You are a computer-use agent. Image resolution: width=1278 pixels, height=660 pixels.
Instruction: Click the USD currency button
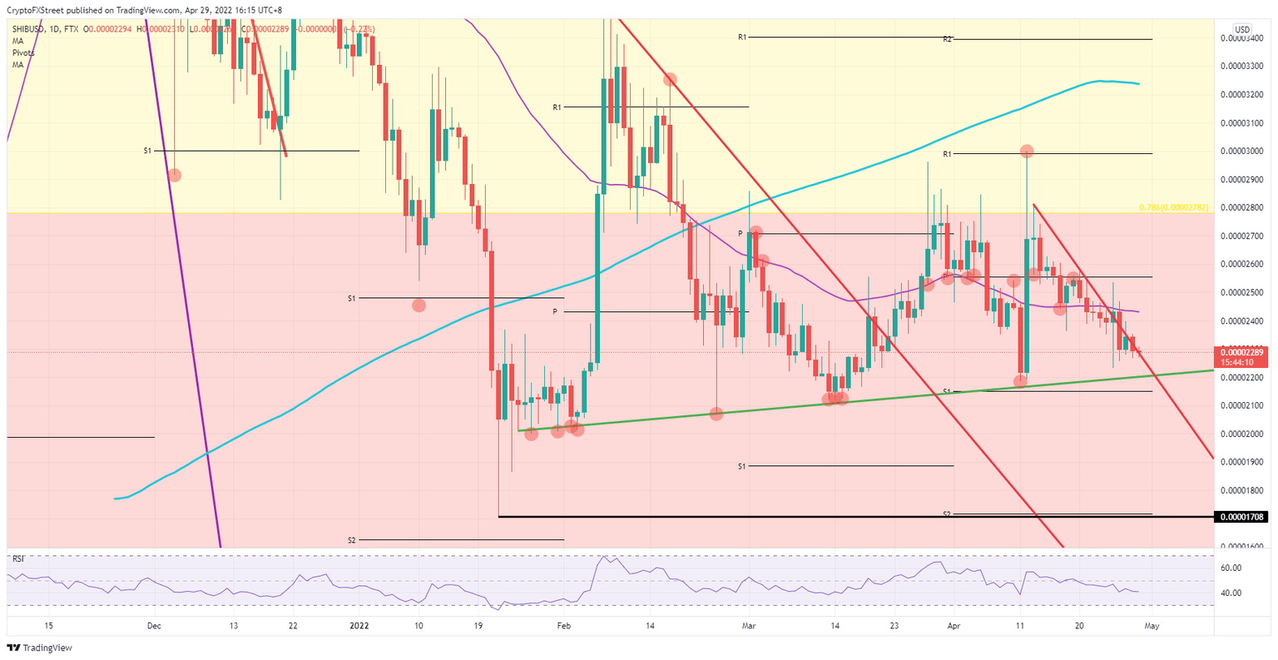click(1241, 30)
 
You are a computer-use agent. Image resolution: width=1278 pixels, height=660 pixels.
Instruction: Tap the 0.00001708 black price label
click(1241, 517)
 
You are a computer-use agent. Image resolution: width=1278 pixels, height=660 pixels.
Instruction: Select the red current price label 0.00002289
click(1241, 353)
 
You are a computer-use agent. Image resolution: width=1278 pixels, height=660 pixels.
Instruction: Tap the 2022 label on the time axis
click(359, 625)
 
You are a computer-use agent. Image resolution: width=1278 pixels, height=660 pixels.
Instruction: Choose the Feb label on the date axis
click(563, 625)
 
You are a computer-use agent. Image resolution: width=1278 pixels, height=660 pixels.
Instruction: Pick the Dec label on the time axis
click(154, 625)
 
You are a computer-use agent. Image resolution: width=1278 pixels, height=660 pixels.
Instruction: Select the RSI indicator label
click(18, 559)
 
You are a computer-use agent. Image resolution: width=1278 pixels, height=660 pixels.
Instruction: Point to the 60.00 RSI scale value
click(1230, 568)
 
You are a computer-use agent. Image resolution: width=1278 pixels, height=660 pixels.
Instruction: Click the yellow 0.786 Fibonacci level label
click(1173, 206)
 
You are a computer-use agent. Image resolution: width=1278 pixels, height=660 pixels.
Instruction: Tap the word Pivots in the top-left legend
click(23, 52)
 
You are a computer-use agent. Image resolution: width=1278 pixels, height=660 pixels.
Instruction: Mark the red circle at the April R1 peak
click(1027, 151)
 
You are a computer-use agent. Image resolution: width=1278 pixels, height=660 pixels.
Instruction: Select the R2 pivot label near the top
click(947, 39)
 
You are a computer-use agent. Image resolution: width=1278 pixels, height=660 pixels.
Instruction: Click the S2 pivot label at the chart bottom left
click(352, 540)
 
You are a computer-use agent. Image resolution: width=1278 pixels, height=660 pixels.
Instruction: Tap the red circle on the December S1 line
click(175, 175)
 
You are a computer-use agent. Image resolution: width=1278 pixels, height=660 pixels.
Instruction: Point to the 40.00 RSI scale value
click(1230, 593)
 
